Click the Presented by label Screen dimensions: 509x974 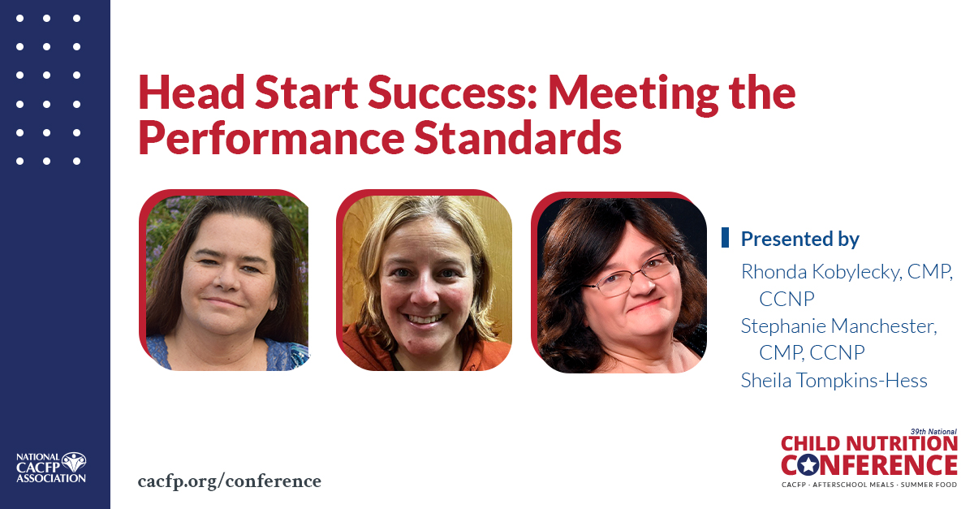(799, 239)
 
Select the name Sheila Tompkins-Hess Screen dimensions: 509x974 (834, 380)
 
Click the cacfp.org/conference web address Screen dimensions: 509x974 (230, 481)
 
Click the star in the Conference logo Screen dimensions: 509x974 (808, 465)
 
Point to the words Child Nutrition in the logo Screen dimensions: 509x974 (868, 444)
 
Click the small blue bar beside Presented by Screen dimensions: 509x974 (725, 237)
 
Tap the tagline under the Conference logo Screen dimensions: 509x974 (868, 485)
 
